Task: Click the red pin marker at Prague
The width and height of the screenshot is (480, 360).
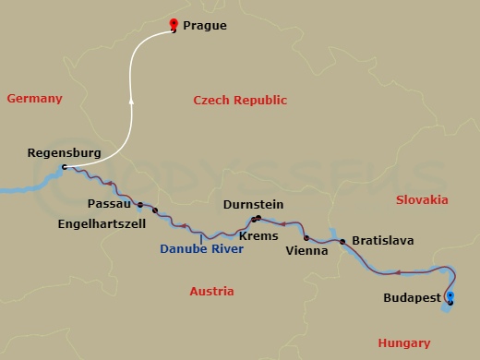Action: pos(174,24)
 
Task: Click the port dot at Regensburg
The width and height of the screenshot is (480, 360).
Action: pos(64,167)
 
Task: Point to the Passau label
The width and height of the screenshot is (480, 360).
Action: pos(108,203)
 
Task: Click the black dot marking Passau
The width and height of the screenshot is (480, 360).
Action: pos(139,204)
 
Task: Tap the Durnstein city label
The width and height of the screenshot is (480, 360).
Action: pos(253,204)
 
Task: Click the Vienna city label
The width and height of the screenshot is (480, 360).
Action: pos(306,250)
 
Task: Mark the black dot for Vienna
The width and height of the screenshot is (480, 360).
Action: pos(306,237)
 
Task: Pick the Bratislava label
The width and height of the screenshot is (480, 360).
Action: pos(382,241)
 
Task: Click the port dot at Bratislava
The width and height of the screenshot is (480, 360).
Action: pos(343,242)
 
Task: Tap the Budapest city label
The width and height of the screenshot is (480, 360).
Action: pos(411,298)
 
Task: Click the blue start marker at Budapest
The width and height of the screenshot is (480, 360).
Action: pos(450,296)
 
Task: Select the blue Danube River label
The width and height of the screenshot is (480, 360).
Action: pos(201,249)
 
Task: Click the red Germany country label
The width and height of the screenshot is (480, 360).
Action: pos(34,98)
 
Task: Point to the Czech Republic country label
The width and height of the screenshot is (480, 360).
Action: pos(240,100)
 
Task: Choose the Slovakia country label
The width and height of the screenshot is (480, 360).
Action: pos(422,199)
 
